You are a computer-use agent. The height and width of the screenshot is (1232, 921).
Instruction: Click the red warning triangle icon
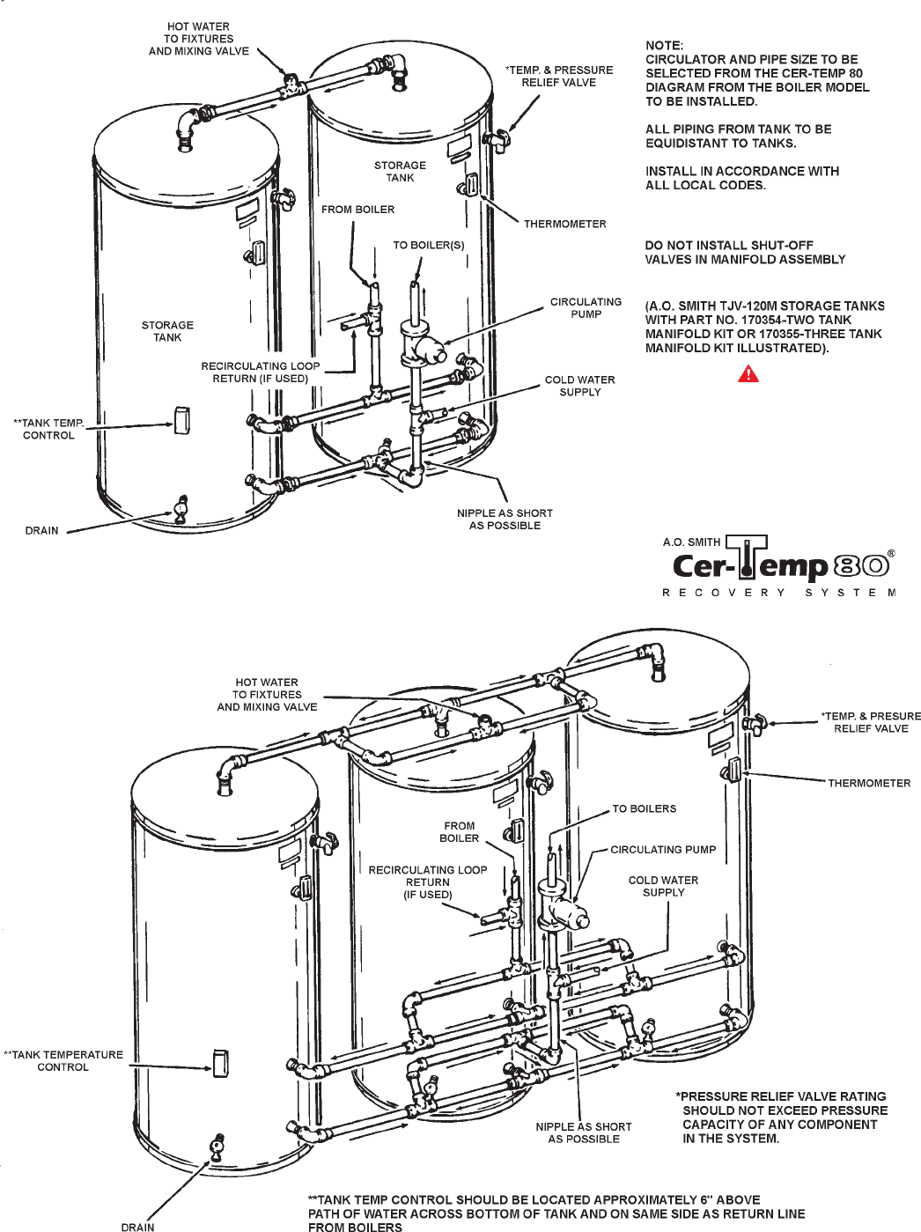pos(748,373)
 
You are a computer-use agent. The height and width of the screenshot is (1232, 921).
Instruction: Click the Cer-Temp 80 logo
pos(779,565)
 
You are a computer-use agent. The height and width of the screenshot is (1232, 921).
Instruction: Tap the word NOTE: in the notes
pos(665,46)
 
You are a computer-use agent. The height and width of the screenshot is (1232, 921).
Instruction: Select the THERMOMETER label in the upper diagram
pos(564,224)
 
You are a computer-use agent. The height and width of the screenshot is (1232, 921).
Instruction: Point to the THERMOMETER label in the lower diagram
pos(869,783)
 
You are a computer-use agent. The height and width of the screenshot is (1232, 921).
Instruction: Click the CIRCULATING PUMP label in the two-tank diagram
pos(586,308)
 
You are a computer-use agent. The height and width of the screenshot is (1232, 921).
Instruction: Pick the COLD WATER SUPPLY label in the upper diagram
pos(579,386)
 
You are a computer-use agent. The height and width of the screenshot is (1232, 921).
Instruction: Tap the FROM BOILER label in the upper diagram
pos(358,210)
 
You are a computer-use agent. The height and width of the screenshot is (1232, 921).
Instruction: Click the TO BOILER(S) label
pos(429,246)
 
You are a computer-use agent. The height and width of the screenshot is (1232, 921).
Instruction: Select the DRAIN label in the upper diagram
pos(41,530)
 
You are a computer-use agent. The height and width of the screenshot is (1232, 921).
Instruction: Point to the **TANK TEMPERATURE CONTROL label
pos(63,1061)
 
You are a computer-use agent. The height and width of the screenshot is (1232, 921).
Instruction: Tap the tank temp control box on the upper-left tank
pos(181,420)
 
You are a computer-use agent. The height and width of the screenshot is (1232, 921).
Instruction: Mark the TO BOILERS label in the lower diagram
pos(645,808)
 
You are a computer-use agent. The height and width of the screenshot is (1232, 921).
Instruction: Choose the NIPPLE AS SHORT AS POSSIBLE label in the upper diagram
pos(505,520)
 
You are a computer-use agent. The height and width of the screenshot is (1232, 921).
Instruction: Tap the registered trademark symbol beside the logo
pos(892,553)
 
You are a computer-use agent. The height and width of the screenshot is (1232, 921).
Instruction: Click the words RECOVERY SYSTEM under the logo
pos(779,593)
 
